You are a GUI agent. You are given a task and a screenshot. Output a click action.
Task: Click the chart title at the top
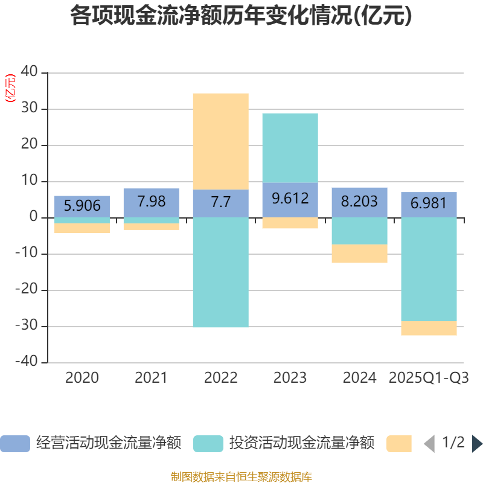point(241,16)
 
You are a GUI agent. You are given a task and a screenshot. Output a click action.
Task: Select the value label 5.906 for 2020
point(82,206)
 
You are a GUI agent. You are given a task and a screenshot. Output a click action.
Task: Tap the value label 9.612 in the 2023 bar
point(290,199)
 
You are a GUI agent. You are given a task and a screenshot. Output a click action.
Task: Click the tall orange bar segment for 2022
point(220,141)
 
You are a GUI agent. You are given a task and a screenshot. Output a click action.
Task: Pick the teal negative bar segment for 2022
point(220,272)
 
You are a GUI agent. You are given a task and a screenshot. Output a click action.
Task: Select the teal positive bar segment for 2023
point(290,147)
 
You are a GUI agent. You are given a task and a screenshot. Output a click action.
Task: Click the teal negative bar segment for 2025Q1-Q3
point(429,269)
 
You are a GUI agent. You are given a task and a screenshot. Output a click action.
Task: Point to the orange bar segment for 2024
point(359,254)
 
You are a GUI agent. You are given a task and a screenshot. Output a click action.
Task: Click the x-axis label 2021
point(151,378)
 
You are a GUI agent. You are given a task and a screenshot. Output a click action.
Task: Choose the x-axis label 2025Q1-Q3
point(429,378)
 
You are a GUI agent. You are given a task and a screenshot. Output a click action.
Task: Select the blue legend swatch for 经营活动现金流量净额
point(14,444)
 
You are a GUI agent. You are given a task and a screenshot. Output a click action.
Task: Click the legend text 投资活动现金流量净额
point(301,444)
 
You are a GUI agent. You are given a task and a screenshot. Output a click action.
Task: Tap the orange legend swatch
point(399,444)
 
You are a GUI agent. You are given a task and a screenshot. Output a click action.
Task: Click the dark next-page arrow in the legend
point(477,444)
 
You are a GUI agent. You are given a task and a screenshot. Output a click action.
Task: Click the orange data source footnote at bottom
point(241,477)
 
